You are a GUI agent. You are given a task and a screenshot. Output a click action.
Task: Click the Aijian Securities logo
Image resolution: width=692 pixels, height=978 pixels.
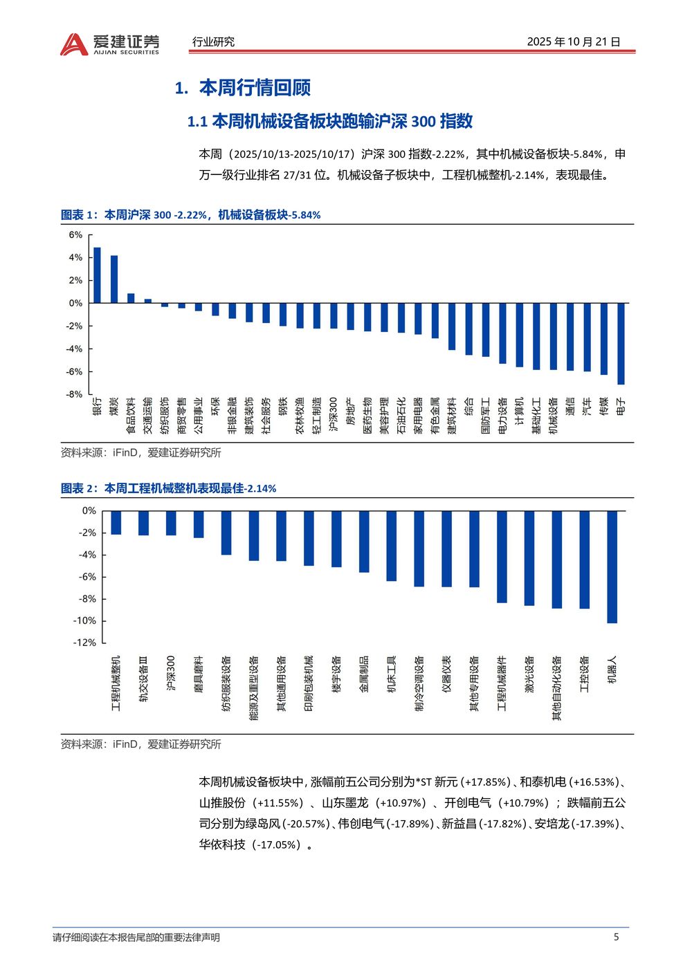(109, 44)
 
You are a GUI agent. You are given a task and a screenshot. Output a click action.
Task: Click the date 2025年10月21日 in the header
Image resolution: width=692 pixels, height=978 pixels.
(574, 41)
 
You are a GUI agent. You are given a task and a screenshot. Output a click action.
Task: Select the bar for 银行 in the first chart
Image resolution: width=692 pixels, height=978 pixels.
(97, 275)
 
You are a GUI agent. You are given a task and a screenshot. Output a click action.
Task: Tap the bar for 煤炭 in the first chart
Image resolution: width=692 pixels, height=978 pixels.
(114, 279)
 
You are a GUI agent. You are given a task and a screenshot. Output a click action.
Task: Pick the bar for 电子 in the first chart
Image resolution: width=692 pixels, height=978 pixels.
(621, 343)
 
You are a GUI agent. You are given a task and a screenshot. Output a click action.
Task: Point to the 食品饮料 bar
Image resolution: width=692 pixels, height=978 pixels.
(131, 298)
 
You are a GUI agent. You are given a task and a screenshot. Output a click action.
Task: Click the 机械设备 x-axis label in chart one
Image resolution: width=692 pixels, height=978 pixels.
(553, 416)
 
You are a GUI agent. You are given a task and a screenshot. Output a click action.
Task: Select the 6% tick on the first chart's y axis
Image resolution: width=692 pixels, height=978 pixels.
(75, 235)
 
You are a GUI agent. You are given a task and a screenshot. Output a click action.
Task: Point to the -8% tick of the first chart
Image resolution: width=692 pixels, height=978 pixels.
(74, 394)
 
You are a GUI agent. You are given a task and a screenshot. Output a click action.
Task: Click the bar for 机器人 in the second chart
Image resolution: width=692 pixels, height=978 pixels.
(612, 566)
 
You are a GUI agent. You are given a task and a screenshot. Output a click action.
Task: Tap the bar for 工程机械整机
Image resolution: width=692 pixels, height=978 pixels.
(116, 522)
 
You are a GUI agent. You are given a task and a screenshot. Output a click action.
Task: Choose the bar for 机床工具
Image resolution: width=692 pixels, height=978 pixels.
(392, 546)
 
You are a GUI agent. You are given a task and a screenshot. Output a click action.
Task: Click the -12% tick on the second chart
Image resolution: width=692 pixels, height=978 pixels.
(84, 643)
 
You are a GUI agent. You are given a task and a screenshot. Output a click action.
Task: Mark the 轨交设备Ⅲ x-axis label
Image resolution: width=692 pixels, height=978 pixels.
(143, 679)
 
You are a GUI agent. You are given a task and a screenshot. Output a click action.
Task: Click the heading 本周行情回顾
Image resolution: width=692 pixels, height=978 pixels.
(254, 88)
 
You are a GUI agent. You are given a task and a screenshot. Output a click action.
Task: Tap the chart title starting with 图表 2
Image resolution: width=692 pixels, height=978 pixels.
(169, 488)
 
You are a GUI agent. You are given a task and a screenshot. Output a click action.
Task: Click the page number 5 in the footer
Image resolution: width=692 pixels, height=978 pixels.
(616, 937)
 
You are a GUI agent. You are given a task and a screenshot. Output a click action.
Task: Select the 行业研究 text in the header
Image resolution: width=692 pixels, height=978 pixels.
(213, 41)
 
